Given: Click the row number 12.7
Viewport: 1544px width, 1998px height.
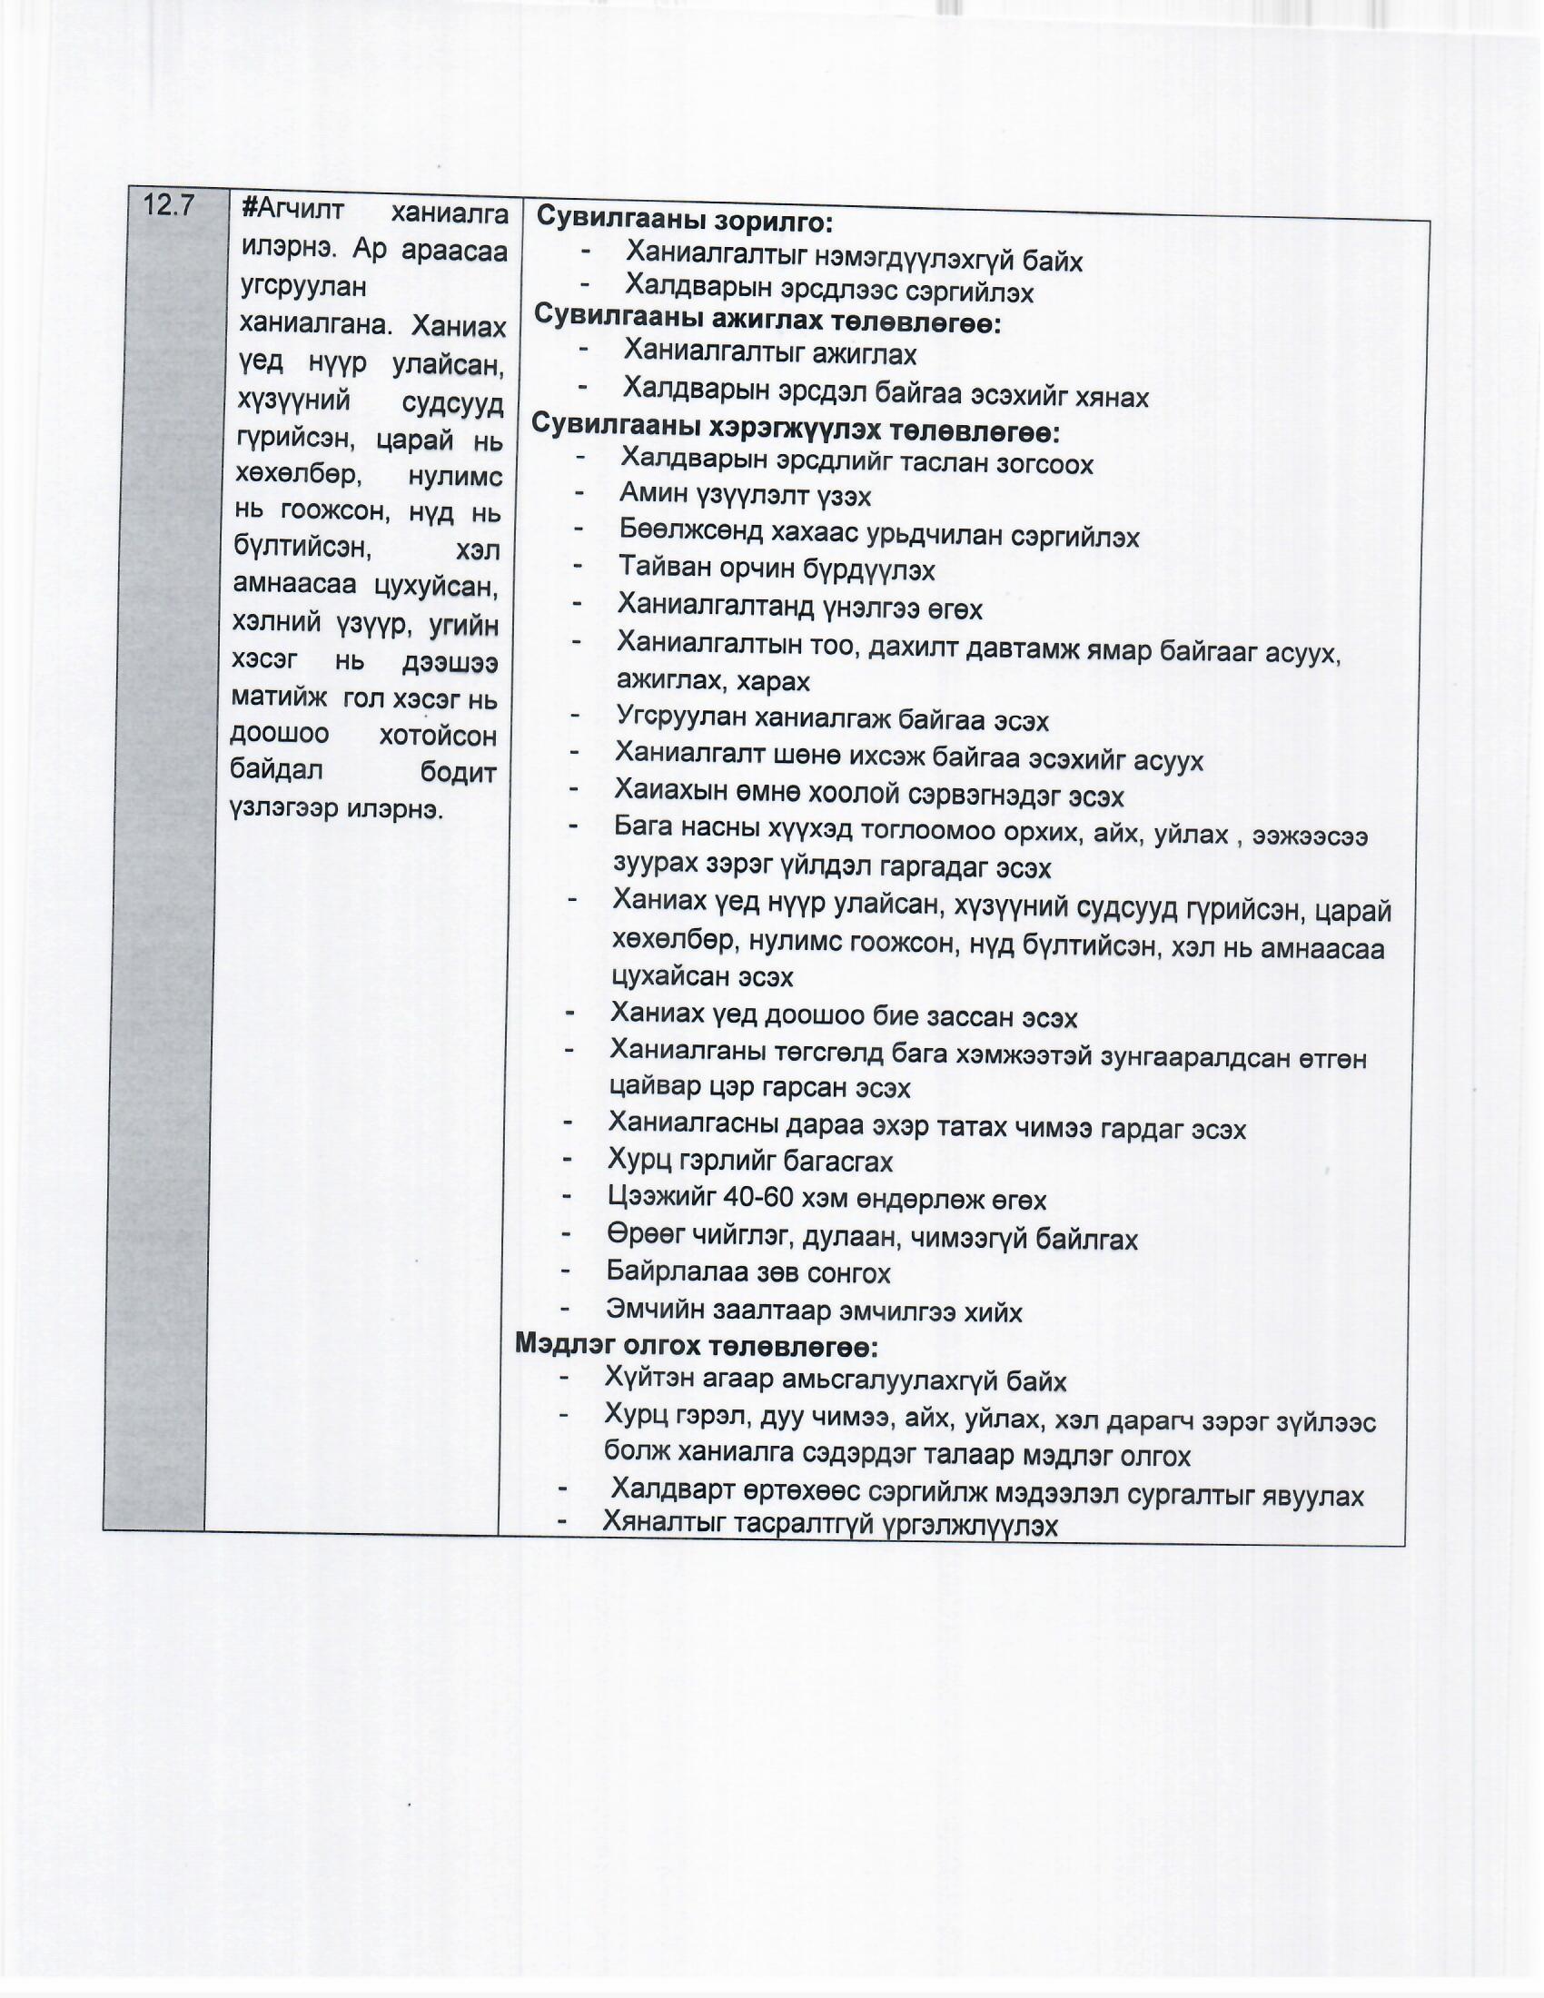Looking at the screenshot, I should coord(169,206).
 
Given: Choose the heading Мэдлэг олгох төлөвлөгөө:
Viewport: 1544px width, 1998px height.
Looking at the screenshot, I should coord(696,1345).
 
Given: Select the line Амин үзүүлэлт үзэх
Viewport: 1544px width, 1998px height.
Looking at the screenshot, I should coord(745,496).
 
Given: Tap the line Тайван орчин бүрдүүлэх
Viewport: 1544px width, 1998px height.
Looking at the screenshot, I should coord(777,569).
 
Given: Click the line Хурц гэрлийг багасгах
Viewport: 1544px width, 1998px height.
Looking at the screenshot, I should coord(750,1161).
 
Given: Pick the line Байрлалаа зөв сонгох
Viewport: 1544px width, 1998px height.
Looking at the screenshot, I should coord(748,1271).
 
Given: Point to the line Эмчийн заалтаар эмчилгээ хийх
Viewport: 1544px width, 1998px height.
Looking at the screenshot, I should coord(813,1311).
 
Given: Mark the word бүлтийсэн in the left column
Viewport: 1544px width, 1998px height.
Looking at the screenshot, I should coord(302,548).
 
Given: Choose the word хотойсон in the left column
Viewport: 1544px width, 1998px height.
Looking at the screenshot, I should coord(437,736).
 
